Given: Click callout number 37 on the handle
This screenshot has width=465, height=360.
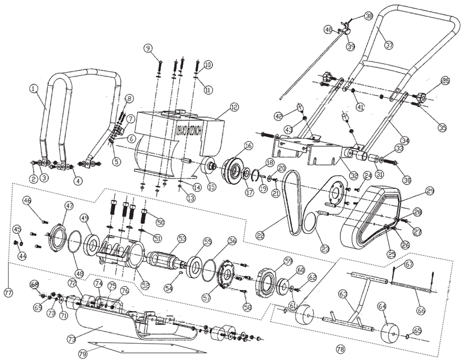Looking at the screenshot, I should (389, 45).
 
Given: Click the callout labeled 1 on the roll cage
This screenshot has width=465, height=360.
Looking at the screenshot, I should (33, 87).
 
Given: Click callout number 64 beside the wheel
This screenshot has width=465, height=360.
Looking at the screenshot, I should (382, 307).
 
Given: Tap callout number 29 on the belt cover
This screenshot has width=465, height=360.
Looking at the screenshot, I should (429, 191).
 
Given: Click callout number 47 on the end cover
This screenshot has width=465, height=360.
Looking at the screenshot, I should (69, 205).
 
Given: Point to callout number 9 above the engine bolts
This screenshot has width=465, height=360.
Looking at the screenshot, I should (148, 47).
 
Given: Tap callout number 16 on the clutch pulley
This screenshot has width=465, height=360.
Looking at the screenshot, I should (247, 146).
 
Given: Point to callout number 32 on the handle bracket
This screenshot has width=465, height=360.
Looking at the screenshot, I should (353, 176).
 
